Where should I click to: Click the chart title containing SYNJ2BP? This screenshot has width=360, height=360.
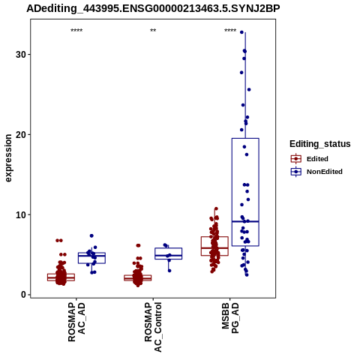[x=153, y=9]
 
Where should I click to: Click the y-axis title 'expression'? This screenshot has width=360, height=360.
[x=8, y=158]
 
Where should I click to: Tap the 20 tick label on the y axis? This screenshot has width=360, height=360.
[x=21, y=134]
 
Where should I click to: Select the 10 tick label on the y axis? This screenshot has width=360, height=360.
[x=21, y=214]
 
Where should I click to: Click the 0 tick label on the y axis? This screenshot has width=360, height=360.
[x=23, y=295]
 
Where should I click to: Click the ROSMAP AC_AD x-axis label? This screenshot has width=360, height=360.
[x=76, y=322]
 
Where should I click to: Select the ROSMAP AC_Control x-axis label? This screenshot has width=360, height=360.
[x=153, y=327]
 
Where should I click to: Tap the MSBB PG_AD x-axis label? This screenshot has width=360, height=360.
[x=230, y=318]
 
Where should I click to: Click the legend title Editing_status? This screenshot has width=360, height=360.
[x=320, y=144]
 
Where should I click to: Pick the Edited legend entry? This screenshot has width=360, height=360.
[x=310, y=159]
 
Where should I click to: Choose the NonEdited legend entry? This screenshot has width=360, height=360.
[x=316, y=172]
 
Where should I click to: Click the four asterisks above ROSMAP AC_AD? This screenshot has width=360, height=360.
[x=76, y=31]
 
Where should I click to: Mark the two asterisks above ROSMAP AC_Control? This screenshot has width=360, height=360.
[x=153, y=31]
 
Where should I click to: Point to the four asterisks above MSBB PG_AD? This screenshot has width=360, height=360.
[x=230, y=31]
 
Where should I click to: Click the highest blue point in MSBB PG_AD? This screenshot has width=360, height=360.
[x=241, y=32]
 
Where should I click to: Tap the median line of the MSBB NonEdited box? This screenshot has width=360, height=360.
[x=245, y=221]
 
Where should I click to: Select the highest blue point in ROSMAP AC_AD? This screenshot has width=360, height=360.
[x=91, y=235]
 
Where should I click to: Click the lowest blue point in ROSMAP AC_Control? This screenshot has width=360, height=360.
[x=169, y=271]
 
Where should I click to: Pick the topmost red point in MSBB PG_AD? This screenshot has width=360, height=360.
[x=216, y=208]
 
